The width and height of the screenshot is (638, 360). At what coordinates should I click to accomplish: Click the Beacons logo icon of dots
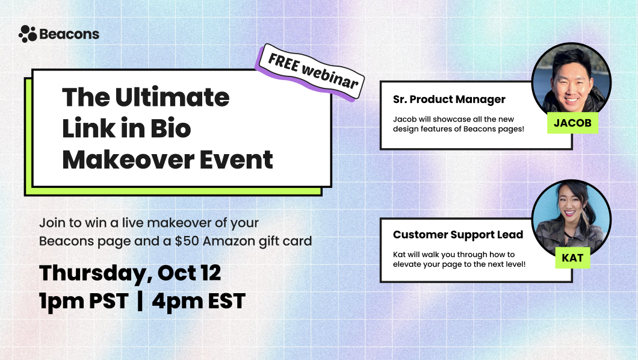28,34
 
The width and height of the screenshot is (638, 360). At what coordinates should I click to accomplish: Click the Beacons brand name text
69,34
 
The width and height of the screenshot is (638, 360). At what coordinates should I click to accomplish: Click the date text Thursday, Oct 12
130,273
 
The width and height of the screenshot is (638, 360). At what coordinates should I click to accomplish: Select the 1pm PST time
84,300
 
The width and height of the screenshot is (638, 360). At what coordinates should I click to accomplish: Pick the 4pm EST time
199,300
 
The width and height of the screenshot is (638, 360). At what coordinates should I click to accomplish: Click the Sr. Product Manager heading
449,99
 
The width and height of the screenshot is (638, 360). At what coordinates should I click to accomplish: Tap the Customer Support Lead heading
458,234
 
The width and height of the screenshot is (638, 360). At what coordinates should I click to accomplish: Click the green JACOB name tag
572,123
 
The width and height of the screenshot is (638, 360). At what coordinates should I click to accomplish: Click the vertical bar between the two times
140,300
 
